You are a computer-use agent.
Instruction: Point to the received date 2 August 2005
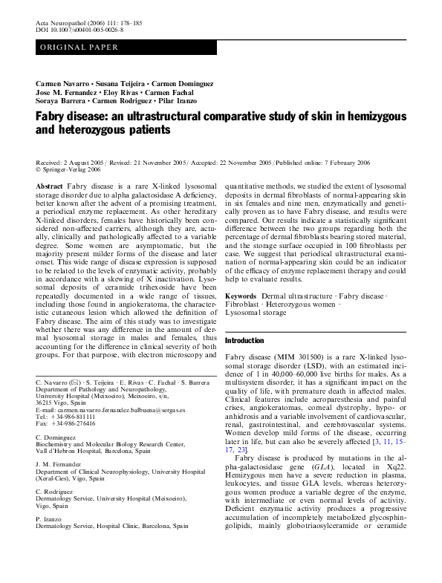86,162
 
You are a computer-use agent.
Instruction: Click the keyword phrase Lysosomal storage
257,313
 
